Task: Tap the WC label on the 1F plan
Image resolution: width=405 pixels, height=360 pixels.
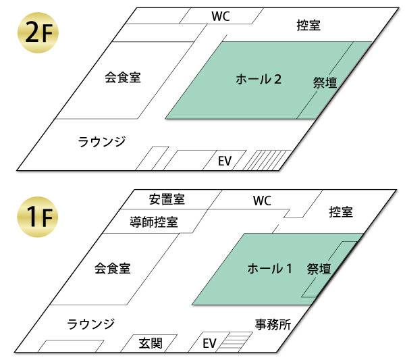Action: point(262,201)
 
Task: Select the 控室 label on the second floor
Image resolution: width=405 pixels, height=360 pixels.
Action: point(308,26)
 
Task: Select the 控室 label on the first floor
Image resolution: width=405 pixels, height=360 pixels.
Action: point(341,212)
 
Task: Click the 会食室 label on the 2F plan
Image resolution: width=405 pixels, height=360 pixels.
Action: point(123,77)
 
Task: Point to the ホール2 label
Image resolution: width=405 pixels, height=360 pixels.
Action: point(258,80)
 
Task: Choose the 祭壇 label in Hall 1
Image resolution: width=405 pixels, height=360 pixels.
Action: point(319,269)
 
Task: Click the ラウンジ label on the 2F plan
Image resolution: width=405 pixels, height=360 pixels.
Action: point(102,141)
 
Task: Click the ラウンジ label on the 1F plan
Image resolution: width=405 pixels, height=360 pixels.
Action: point(91,324)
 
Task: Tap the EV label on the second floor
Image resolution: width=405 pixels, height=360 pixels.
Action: point(225,161)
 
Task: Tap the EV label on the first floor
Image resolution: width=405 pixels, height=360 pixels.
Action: point(210,343)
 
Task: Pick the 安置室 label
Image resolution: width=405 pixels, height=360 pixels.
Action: point(167,199)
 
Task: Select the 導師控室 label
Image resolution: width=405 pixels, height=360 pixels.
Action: point(154,221)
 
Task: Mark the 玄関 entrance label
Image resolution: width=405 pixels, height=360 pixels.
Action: point(151,343)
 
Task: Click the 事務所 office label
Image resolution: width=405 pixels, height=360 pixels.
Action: point(273,324)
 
